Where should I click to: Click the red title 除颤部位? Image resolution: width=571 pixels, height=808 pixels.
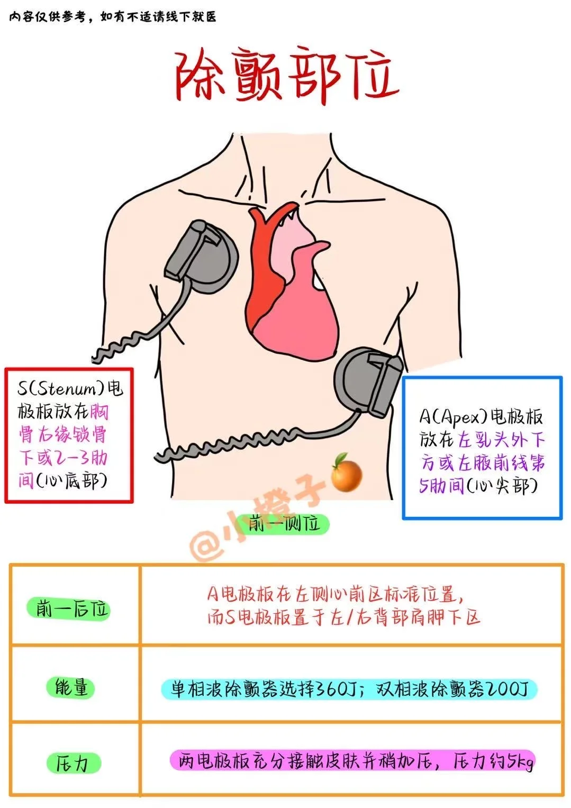click(286, 77)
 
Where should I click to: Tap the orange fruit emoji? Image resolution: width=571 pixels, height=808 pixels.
click(346, 470)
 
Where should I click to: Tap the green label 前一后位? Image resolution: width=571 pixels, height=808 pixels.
click(68, 609)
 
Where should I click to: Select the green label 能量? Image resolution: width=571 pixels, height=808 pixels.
click(71, 687)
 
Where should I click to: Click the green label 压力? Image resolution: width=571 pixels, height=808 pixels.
click(71, 764)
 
